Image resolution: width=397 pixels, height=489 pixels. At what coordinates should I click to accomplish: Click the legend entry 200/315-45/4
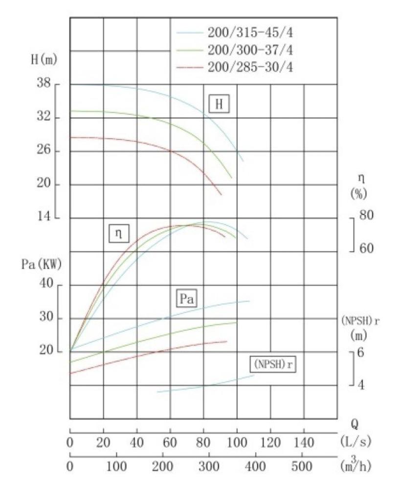pyautogui.click(x=250, y=34)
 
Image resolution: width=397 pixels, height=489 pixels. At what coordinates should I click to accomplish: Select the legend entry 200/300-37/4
pyautogui.click(x=250, y=50)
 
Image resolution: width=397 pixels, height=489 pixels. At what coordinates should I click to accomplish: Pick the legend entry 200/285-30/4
pyautogui.click(x=250, y=67)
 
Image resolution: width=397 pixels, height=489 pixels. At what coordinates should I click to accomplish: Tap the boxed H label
pyautogui.click(x=219, y=104)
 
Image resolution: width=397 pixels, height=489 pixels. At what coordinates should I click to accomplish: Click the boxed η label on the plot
pyautogui.click(x=118, y=234)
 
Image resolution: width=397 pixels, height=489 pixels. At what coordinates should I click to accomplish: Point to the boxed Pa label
pyautogui.click(x=186, y=299)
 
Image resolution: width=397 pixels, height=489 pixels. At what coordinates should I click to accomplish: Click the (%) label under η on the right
pyautogui.click(x=359, y=194)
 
